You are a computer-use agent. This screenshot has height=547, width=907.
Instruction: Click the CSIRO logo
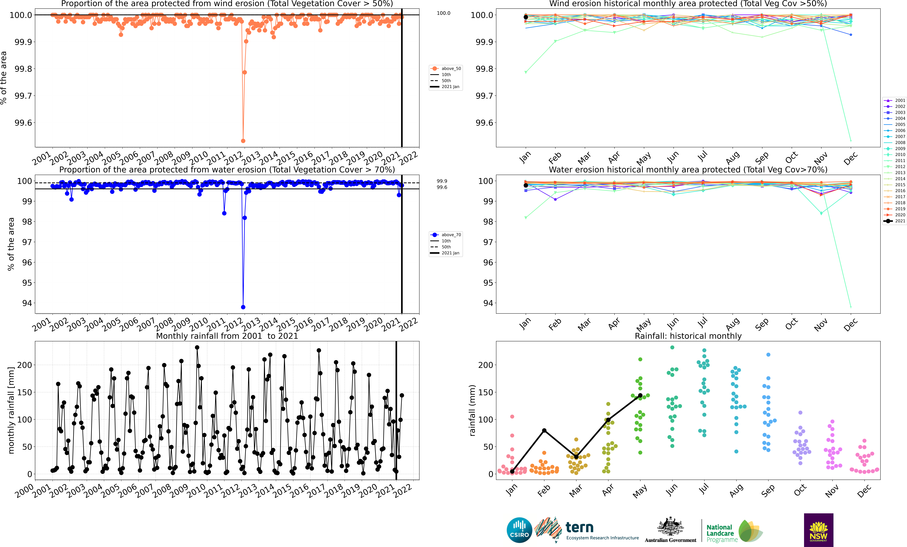tap(519, 530)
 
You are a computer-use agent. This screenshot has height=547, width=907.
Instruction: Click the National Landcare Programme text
tap(721, 533)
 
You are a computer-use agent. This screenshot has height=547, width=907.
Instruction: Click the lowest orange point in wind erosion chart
tap(243, 141)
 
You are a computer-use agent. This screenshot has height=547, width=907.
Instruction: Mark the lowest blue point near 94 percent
tap(243, 307)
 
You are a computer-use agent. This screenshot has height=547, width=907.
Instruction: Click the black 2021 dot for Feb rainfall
tap(544, 430)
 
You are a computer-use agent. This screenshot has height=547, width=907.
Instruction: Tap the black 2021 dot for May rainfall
tap(640, 395)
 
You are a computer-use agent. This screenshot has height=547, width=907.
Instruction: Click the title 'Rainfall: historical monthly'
tap(688, 336)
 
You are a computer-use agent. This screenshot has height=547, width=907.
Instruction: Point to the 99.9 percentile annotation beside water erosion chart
tap(442, 181)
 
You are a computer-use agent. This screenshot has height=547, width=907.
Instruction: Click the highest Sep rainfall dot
tap(768, 355)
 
